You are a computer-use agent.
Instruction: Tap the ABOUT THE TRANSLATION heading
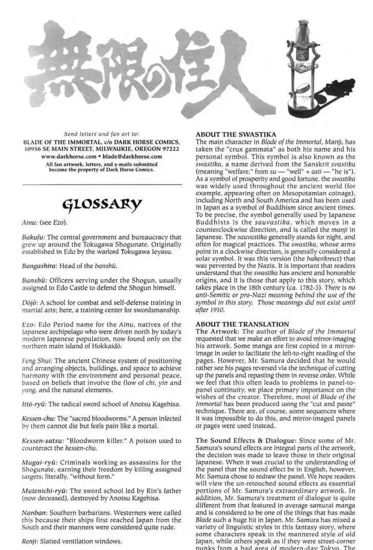point(235,324)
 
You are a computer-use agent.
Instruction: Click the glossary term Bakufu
point(34,237)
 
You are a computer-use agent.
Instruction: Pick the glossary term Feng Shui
point(37,360)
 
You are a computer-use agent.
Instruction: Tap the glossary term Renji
point(30,541)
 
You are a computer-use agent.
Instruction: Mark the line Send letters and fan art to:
point(101,134)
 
